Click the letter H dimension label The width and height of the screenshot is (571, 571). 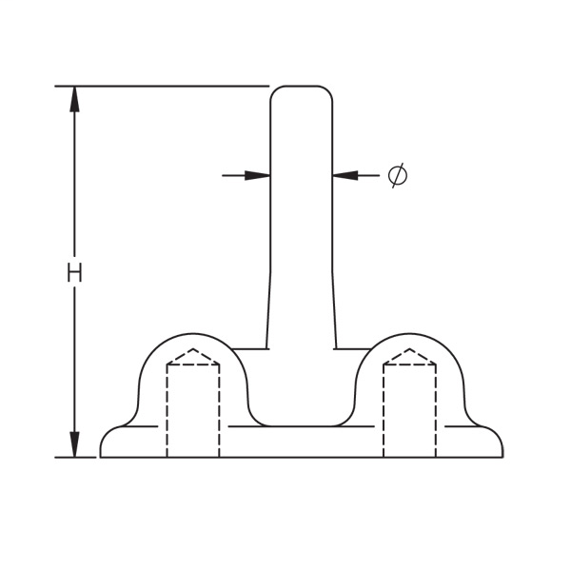click(x=75, y=273)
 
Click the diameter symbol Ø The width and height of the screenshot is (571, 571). click(x=399, y=175)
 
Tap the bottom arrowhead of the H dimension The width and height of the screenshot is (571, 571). click(x=75, y=444)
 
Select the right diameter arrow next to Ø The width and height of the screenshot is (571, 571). click(x=346, y=175)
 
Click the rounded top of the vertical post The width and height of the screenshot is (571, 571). click(x=302, y=91)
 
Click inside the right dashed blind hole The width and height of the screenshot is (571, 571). click(x=410, y=409)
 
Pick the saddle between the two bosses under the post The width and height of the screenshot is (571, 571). click(x=302, y=419)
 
